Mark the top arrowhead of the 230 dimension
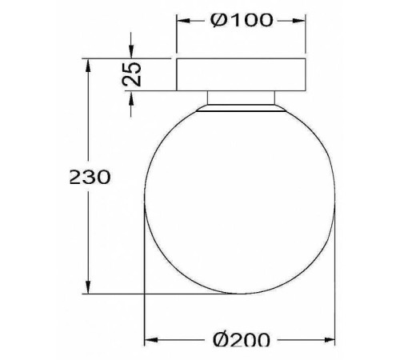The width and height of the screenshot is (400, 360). click(86, 62)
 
